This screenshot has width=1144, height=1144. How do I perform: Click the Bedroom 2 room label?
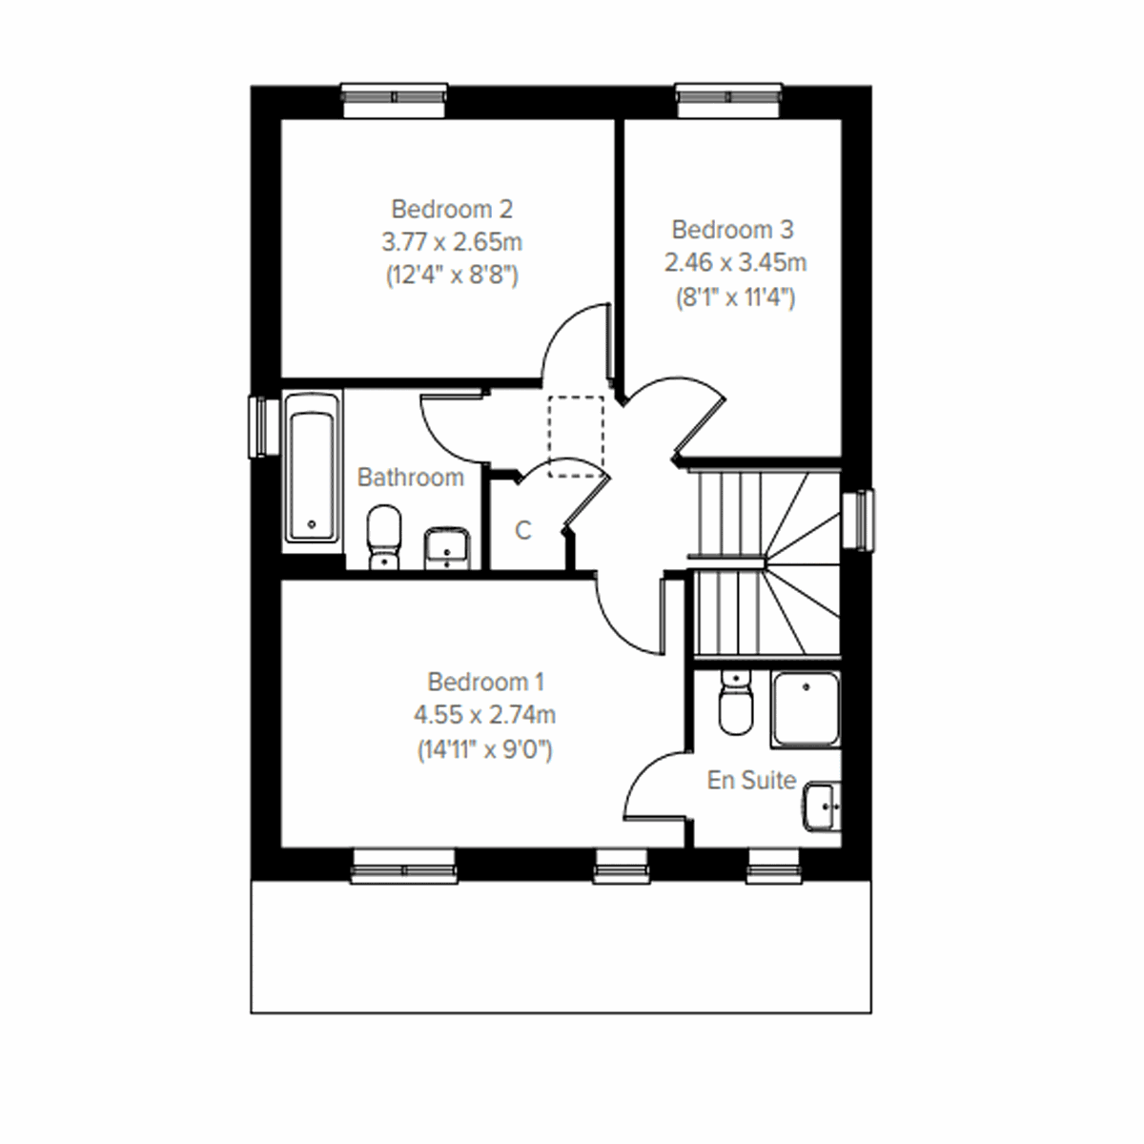452,208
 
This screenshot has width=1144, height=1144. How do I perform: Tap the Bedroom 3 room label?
732,230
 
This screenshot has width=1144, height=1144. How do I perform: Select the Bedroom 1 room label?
485,682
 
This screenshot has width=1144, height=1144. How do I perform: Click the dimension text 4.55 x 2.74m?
485,714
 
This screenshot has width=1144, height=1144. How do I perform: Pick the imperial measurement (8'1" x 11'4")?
732,296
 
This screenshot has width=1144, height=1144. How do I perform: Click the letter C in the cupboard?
522,530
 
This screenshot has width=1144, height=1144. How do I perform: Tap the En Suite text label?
751,780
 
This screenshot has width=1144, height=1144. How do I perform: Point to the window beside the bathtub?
258,426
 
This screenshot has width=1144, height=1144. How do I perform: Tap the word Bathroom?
410,477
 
